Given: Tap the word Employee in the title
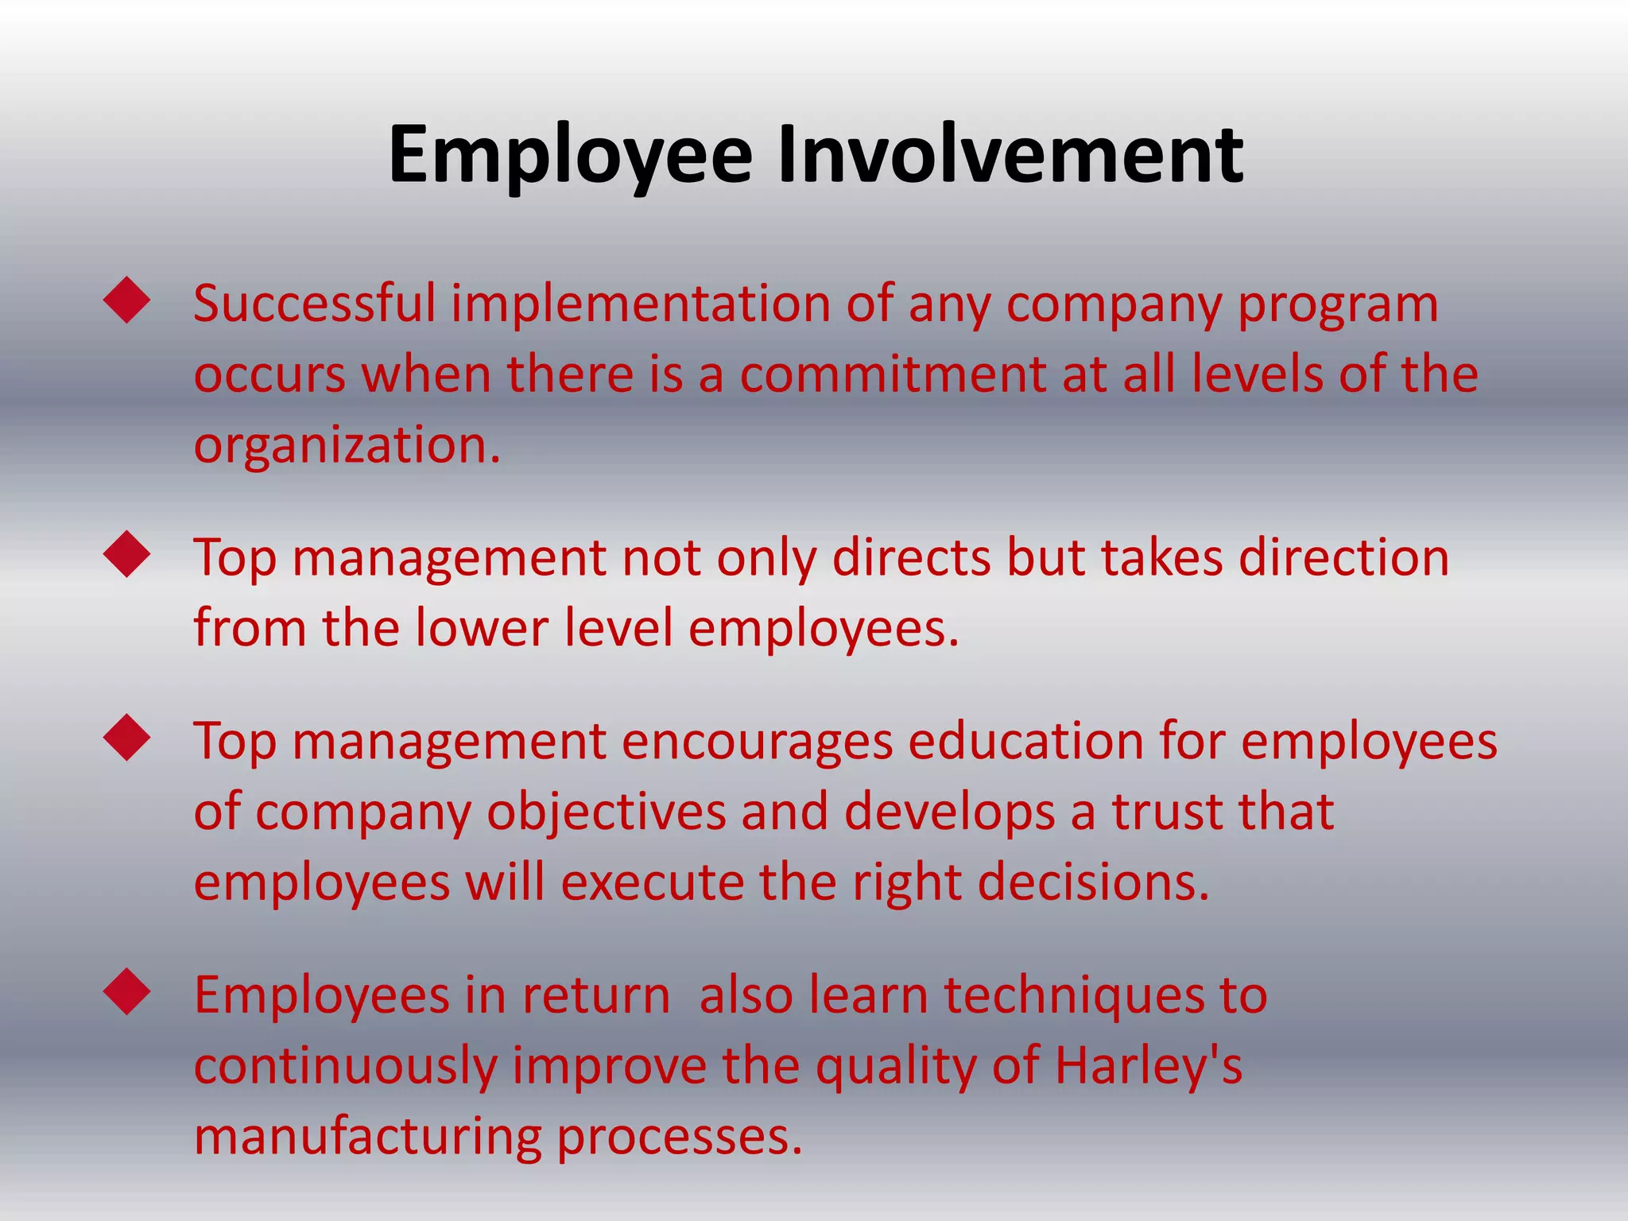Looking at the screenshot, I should (570, 154).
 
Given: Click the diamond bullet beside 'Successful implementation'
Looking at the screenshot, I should (127, 300).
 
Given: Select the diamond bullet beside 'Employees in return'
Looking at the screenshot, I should (127, 991).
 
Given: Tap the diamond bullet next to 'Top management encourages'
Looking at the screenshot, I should (127, 738).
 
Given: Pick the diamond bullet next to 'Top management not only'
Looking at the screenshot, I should (127, 554).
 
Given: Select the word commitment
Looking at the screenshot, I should (892, 374).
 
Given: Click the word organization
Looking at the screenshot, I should (347, 445).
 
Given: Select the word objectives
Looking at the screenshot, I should (606, 812).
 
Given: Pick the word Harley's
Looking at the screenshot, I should (1148, 1066).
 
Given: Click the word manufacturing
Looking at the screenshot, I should (367, 1137).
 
